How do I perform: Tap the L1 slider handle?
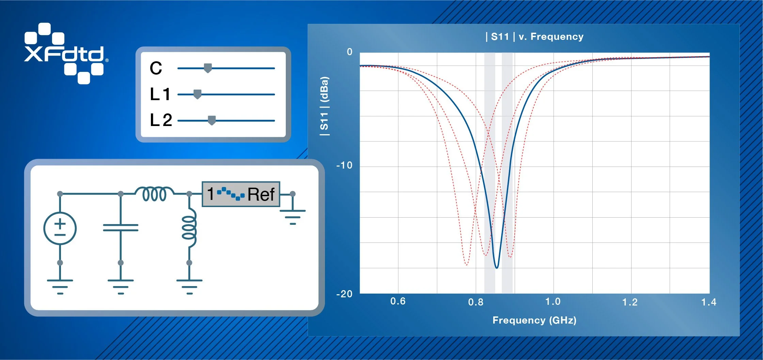point(197,94)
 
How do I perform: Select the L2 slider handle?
point(212,120)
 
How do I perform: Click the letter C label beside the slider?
point(156,68)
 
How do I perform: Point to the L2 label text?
point(161,120)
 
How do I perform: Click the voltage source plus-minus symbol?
point(60,228)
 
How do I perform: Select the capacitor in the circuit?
point(121,228)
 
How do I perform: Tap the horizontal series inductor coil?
point(154,194)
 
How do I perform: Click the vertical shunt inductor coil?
point(189,228)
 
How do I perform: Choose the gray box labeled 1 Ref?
point(241,194)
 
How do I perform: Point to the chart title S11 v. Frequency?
point(534,36)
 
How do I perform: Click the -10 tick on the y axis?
point(344,166)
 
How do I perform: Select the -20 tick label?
point(344,294)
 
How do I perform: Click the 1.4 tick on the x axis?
point(708,302)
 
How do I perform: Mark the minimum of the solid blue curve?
point(497,268)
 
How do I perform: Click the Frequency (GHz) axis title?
point(534,320)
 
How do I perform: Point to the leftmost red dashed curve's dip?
point(466,264)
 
